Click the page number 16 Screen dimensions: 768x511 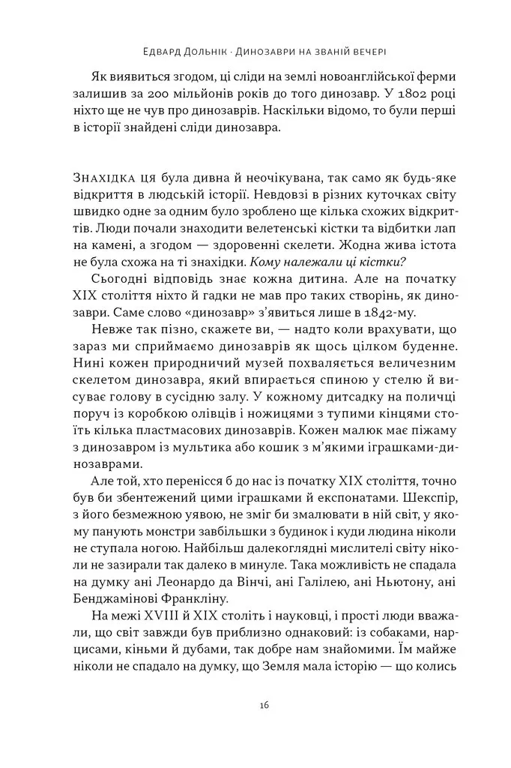pos(255,705)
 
